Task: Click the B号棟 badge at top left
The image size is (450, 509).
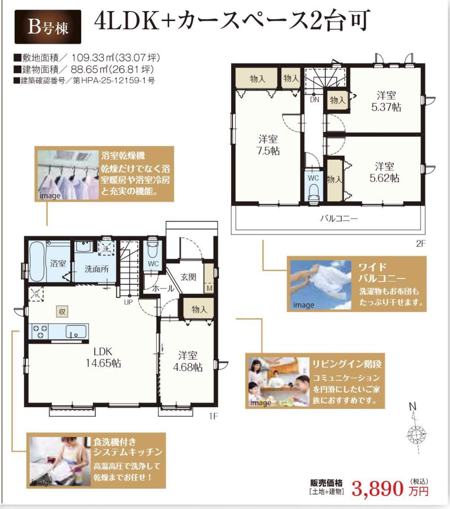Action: coord(48,27)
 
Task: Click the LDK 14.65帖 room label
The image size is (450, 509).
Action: coord(103,358)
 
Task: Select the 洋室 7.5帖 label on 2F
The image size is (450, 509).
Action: coord(268,145)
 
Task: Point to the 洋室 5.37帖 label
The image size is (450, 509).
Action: coord(386,102)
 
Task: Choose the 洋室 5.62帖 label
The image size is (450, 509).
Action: coord(384,172)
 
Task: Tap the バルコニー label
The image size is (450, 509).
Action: coord(339,218)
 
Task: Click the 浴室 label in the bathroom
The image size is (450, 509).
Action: coord(58,263)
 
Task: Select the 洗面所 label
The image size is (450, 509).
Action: coord(97,269)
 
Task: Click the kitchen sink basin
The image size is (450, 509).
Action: coord(76,332)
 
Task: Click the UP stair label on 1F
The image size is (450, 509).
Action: coord(128,302)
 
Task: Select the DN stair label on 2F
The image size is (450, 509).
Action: coord(314,100)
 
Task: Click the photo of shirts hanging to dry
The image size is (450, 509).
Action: coord(68,175)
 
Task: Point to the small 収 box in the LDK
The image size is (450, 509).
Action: coord(62,312)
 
